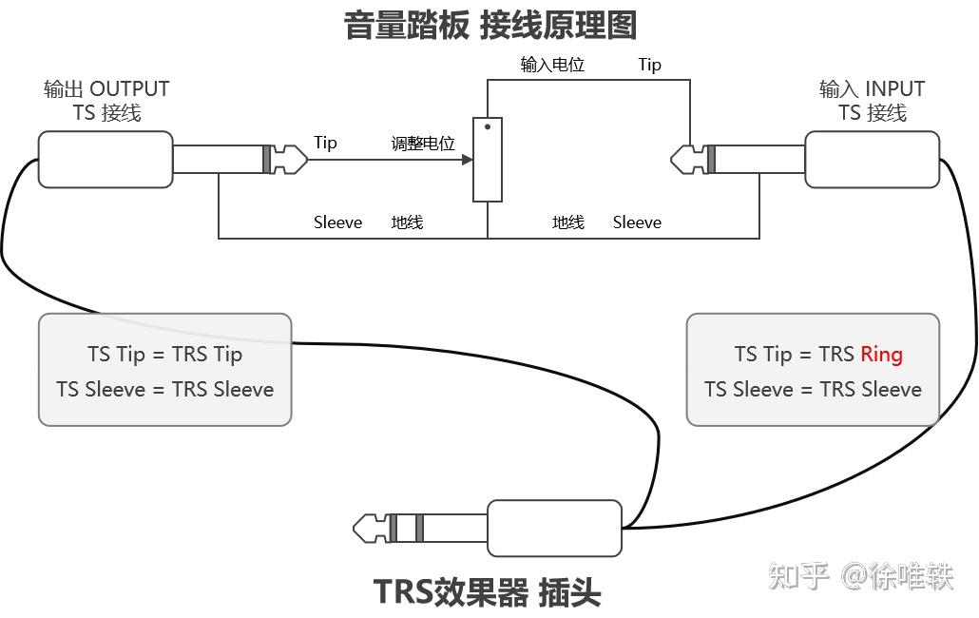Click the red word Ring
tap(881, 355)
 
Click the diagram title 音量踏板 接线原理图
tap(489, 26)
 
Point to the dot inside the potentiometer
tap(488, 126)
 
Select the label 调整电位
tap(423, 144)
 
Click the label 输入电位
tap(552, 65)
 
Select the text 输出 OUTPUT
tap(106, 89)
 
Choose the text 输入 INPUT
tap(872, 89)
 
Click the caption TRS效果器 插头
tap(488, 592)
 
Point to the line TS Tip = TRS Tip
tap(164, 355)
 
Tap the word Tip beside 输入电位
tap(650, 65)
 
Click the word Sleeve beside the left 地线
tap(337, 222)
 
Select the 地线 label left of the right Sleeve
tap(567, 222)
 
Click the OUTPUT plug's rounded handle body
tap(106, 159)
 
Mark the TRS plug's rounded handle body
tap(554, 528)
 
